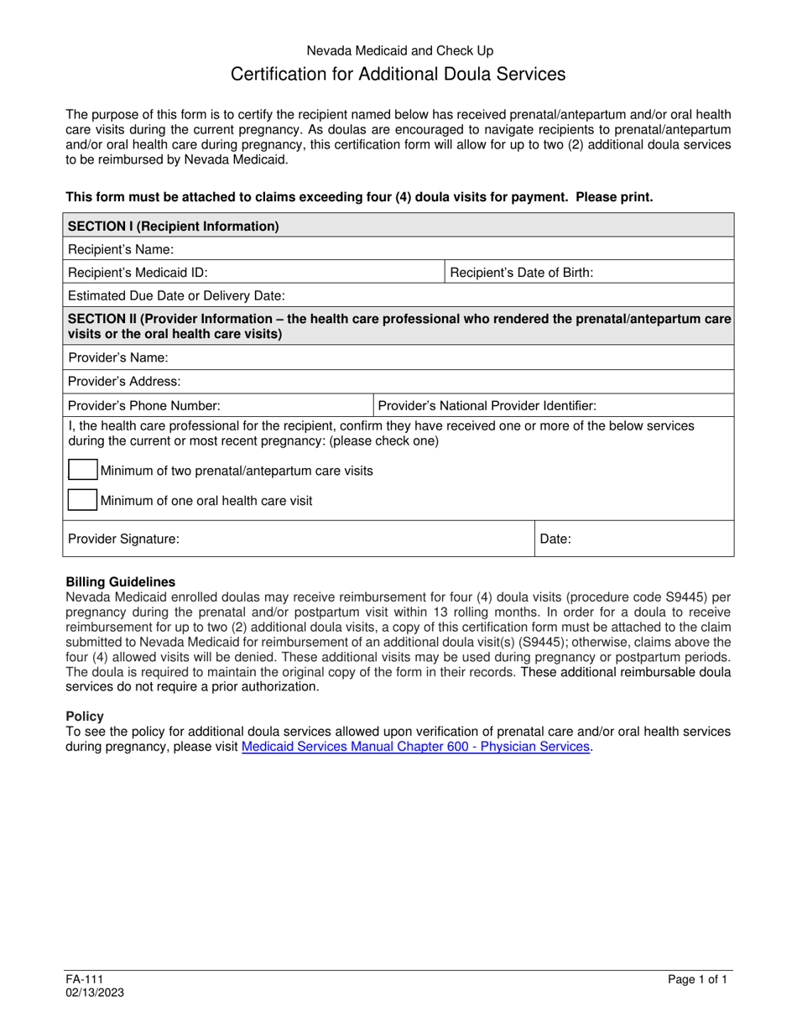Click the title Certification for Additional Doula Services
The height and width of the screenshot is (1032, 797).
pyautogui.click(x=398, y=74)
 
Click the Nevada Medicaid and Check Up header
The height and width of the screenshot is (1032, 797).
pyautogui.click(x=398, y=50)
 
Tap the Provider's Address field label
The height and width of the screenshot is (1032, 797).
pyautogui.click(x=124, y=381)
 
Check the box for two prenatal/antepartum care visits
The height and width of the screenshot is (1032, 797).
pyautogui.click(x=82, y=471)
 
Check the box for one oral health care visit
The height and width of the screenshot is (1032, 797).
pyautogui.click(x=82, y=500)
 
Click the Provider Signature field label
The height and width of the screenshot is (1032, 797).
pyautogui.click(x=123, y=539)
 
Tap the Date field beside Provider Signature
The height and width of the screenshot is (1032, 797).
pyautogui.click(x=633, y=539)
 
